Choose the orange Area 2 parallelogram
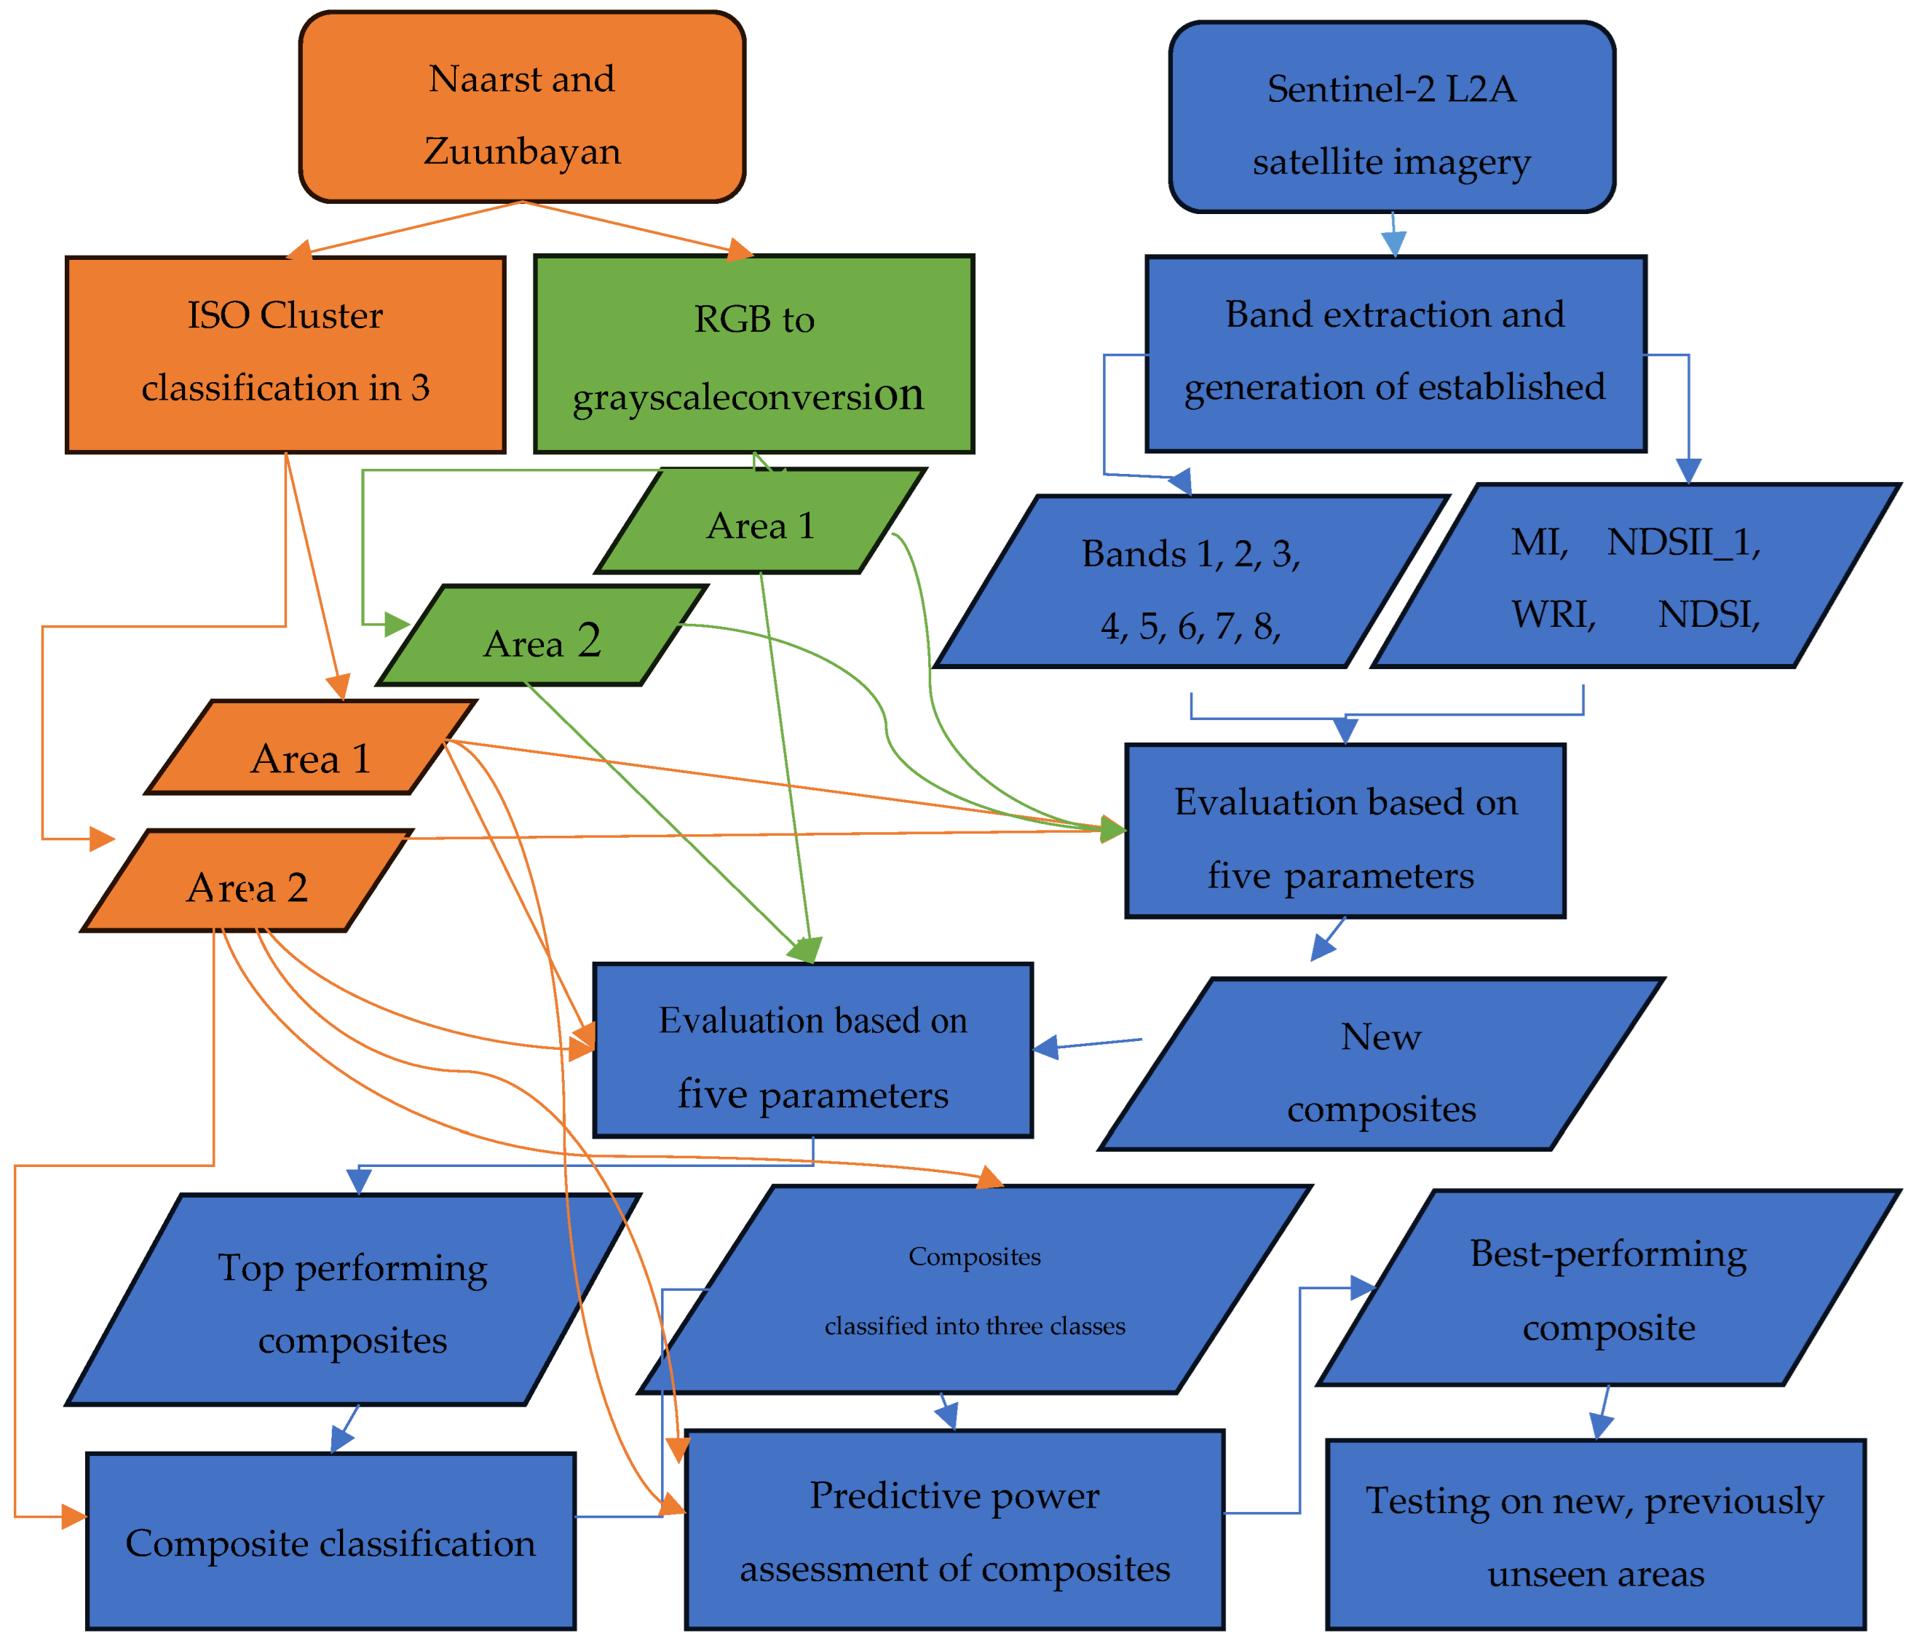click(246, 881)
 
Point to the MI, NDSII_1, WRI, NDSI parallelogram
click(1634, 576)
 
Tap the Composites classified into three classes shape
click(975, 1291)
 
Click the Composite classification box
click(330, 1541)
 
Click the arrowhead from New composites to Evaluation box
click(1045, 1047)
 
